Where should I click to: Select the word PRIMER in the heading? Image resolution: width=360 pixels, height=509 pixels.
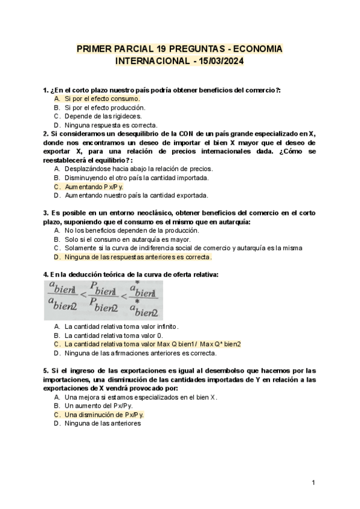coord(94,49)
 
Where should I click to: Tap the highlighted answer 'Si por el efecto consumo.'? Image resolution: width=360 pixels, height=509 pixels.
coord(102,98)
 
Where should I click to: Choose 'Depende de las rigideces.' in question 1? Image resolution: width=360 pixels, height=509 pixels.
coord(103,116)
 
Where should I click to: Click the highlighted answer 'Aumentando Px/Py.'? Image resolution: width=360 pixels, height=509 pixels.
coord(89,187)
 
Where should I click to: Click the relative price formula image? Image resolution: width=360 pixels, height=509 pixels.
coord(103,300)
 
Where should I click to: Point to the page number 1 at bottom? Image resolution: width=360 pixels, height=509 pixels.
coord(314,483)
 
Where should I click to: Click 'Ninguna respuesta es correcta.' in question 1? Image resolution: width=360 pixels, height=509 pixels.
coord(111,125)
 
